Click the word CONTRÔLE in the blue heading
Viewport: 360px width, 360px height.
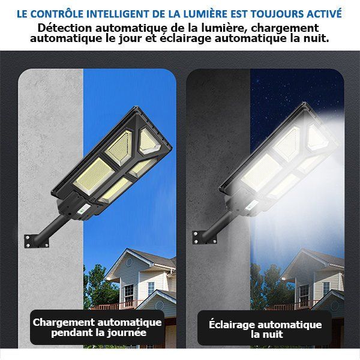point(56,14)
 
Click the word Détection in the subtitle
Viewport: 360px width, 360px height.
point(65,28)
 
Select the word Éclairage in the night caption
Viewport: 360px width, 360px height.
point(232,325)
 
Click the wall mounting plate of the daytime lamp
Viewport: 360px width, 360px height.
point(36,241)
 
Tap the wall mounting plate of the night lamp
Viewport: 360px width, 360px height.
point(204,238)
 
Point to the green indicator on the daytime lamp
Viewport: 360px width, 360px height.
point(82,210)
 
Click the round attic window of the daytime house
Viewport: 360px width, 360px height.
point(130,262)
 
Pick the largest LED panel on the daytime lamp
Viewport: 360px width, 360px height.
point(94,176)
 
